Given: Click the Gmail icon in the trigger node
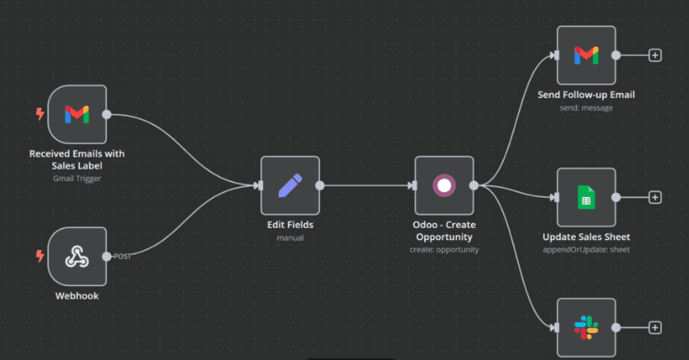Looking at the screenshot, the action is (77, 114).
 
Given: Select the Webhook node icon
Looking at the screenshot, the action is (77, 257).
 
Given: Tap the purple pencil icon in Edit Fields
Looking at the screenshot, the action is (290, 185).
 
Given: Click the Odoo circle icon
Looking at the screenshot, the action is (443, 185).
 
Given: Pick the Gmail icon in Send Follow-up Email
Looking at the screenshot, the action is (586, 56).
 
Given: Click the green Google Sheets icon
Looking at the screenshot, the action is (586, 197).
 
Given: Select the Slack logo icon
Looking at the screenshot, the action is (586, 327).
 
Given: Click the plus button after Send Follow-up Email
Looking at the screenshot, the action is (655, 56).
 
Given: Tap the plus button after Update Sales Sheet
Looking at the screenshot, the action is (655, 197).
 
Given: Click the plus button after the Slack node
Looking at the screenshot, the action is (655, 327).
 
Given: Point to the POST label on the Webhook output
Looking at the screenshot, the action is (122, 256).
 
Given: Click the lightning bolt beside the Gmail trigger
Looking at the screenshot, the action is (40, 114).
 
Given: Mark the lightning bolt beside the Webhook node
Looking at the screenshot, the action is (40, 256).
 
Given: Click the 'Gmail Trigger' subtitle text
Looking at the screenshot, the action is (77, 179).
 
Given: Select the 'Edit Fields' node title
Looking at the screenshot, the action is (290, 225).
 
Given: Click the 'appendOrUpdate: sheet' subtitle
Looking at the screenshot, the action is (586, 250).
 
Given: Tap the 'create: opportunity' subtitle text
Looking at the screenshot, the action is (444, 250).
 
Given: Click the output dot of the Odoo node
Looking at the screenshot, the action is (474, 185).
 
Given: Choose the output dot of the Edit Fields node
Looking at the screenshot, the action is (320, 185).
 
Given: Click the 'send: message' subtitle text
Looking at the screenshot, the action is (586, 108).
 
